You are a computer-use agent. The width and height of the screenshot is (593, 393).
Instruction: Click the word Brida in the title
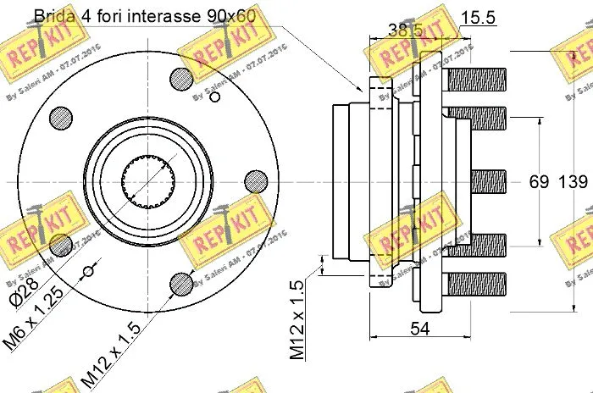(53, 16)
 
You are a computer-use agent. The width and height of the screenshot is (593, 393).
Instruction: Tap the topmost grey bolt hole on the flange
(183, 78)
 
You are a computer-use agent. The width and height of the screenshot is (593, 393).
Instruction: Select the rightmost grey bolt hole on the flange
(256, 181)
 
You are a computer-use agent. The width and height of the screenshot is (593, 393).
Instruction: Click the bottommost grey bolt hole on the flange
(182, 283)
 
